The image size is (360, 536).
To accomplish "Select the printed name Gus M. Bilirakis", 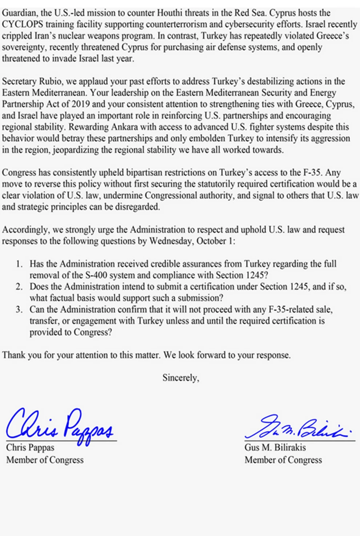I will click(275, 447).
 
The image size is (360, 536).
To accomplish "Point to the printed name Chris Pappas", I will click(30, 447).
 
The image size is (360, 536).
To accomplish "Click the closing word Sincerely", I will click(180, 378).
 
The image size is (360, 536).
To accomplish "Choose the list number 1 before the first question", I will click(19, 264).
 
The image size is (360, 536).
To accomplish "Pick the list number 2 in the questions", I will click(19, 287).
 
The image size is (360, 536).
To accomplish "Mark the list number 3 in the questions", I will click(19, 310).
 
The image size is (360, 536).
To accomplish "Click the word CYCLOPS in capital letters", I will click(21, 24).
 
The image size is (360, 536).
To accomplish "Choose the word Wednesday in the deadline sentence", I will click(171, 241).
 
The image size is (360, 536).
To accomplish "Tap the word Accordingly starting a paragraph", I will click(25, 230).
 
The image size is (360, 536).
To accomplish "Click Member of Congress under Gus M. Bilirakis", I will click(283, 460).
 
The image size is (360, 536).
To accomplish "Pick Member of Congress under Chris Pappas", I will click(45, 460).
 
